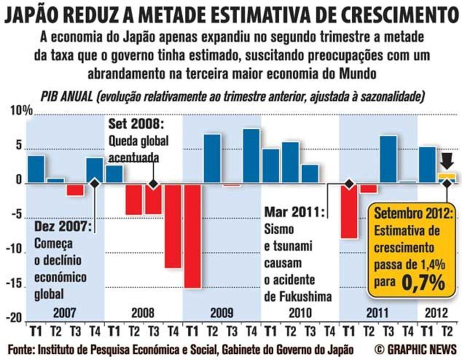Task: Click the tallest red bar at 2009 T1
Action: [192, 236]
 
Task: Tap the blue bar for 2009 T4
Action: [251, 156]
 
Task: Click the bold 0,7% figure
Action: [423, 283]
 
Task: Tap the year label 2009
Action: [221, 313]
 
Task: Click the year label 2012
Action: [437, 313]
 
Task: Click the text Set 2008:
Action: [136, 123]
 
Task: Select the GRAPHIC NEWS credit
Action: [415, 348]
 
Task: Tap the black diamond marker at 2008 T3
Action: [153, 184]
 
